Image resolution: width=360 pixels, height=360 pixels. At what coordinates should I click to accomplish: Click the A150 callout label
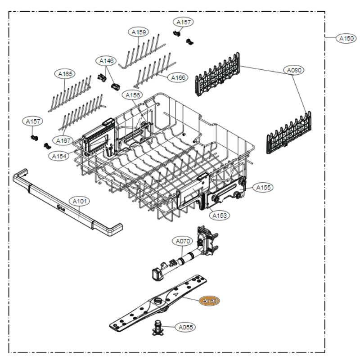[346, 39]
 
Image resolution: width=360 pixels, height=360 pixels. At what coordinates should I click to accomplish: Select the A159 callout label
[139, 32]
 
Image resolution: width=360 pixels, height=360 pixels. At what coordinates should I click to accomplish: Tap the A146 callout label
[107, 61]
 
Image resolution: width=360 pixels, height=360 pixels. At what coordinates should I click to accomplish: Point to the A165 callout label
[65, 73]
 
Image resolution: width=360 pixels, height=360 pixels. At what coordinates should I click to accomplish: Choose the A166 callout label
[178, 78]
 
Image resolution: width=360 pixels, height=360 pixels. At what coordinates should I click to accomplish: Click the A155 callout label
[264, 187]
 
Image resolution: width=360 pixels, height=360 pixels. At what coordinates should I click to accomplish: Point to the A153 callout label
[220, 216]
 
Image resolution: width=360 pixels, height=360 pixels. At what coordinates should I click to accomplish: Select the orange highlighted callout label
[209, 301]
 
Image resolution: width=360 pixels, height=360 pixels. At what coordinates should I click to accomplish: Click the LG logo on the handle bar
[60, 207]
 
